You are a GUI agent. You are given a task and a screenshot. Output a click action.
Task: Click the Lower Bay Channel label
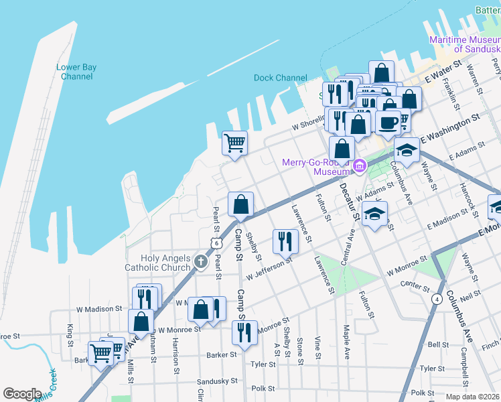coord(76,72)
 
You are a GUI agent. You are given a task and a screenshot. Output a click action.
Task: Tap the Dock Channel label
coord(280,78)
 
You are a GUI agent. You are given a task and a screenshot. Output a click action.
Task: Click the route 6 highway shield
coord(216,244)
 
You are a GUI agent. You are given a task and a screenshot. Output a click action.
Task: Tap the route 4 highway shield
coord(437,298)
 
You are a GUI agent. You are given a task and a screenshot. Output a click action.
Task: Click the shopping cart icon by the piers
coord(234,142)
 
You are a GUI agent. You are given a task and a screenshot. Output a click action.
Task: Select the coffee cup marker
coord(388,123)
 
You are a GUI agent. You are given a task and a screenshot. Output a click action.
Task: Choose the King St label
coord(70,336)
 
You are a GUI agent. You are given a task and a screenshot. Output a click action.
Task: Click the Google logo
coord(22,394)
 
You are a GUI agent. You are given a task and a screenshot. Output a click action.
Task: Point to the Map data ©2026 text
coord(472,397)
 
